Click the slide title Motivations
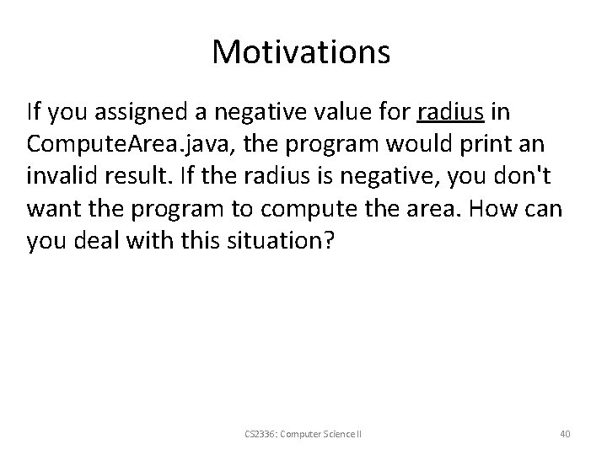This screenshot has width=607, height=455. pyautogui.click(x=301, y=52)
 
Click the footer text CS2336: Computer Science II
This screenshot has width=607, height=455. pyautogui.click(x=303, y=433)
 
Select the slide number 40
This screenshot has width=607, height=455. pyautogui.click(x=564, y=433)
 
